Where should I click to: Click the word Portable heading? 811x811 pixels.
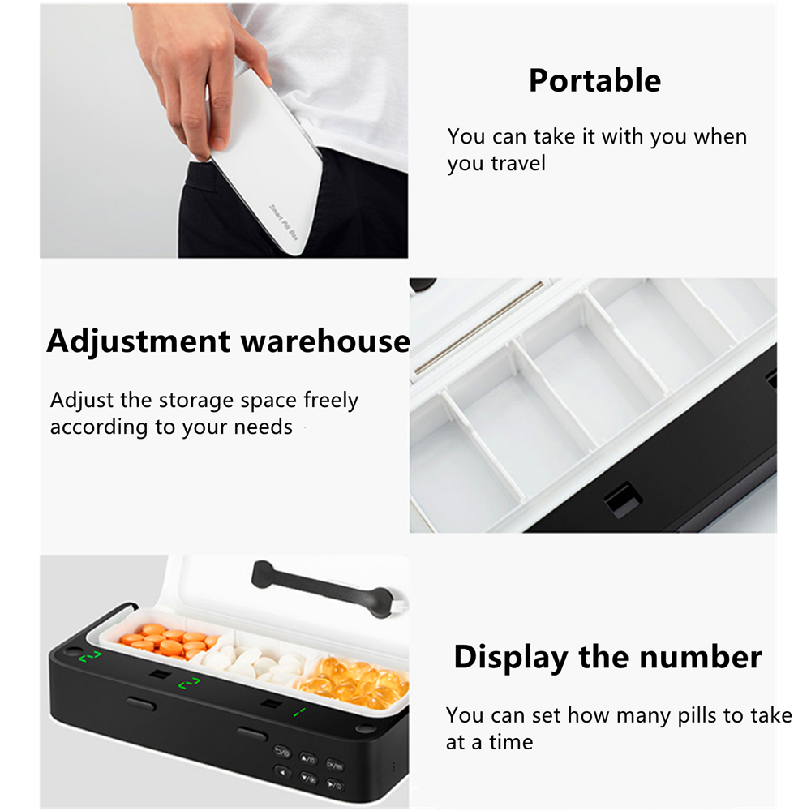click(x=594, y=81)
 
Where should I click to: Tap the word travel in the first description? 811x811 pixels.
click(x=518, y=163)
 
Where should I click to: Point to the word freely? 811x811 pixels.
click(x=330, y=401)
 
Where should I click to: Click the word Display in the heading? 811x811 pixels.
click(x=512, y=657)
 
